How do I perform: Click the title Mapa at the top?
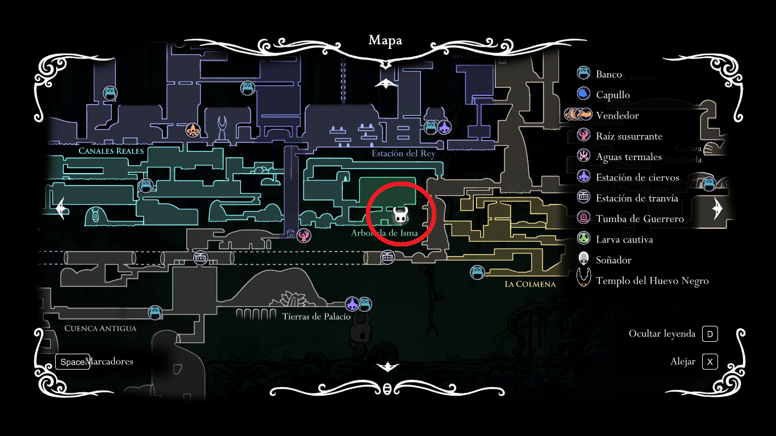coord(385,40)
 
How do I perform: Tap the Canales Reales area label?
coord(111,151)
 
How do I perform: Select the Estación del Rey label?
coord(403,154)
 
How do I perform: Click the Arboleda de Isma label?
coord(385,233)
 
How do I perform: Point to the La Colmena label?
coord(530,284)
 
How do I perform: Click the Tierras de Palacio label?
coord(316,317)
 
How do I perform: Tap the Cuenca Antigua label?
coord(101,328)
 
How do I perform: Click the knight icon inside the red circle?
coord(400,215)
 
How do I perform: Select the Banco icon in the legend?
coord(583,73)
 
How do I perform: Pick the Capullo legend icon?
coord(583,94)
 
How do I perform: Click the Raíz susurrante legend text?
coord(629,136)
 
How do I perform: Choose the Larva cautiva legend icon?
coord(583,238)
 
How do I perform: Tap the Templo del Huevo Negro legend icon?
coord(583,279)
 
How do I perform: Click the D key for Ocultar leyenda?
coord(710,334)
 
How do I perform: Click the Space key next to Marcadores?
coord(72,362)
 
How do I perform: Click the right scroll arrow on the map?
coord(716,209)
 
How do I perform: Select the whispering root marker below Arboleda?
coord(304,236)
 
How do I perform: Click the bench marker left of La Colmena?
coord(477,272)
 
